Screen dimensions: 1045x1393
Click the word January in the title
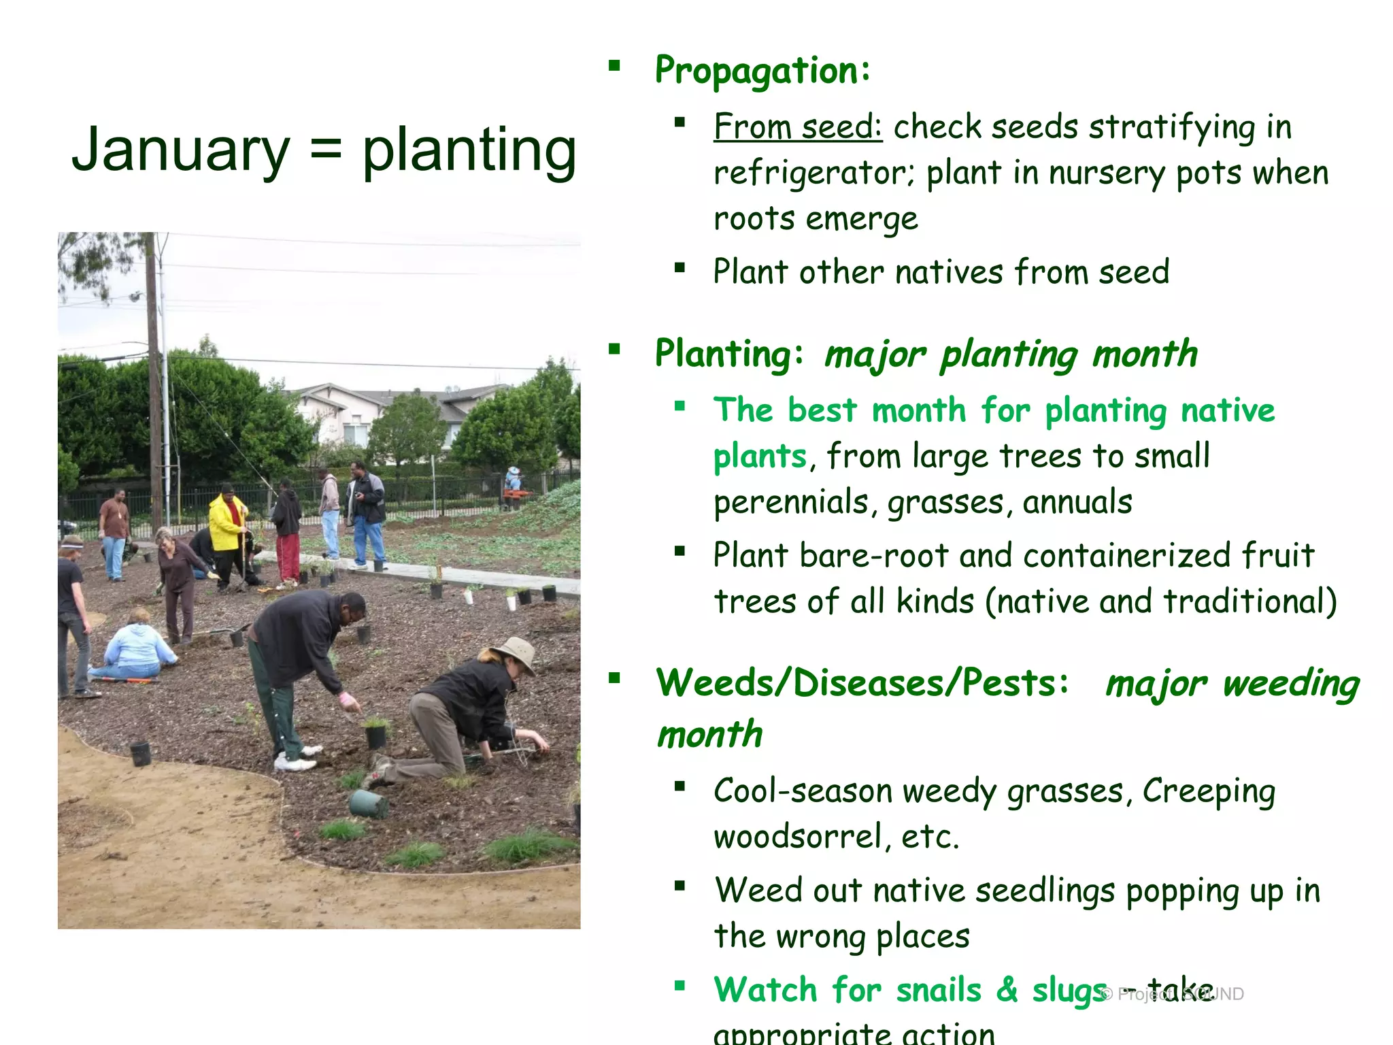[x=181, y=151]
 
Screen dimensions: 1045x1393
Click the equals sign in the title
[x=326, y=151]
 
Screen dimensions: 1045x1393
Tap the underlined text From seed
[x=797, y=127]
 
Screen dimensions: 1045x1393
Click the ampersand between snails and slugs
[x=1007, y=990]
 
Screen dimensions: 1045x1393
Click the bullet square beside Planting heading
[x=615, y=350]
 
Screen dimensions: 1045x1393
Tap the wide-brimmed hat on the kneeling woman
[x=516, y=652]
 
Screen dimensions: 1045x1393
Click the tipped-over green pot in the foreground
[x=369, y=806]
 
